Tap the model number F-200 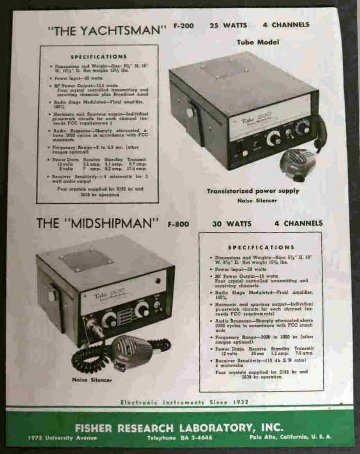click(x=184, y=26)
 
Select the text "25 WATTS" click(x=228, y=25)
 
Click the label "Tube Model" click(x=258, y=42)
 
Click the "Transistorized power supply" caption click(x=253, y=191)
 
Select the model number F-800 click(x=178, y=224)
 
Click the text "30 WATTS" click(x=232, y=224)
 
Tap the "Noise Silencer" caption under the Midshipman click(x=92, y=380)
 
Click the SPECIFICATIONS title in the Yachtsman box click(x=99, y=57)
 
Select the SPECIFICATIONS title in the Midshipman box click(x=261, y=247)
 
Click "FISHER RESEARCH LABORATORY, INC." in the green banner click(x=179, y=427)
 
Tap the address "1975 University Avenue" click(x=62, y=438)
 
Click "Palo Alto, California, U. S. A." click(x=290, y=437)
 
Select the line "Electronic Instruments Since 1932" click(x=184, y=402)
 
